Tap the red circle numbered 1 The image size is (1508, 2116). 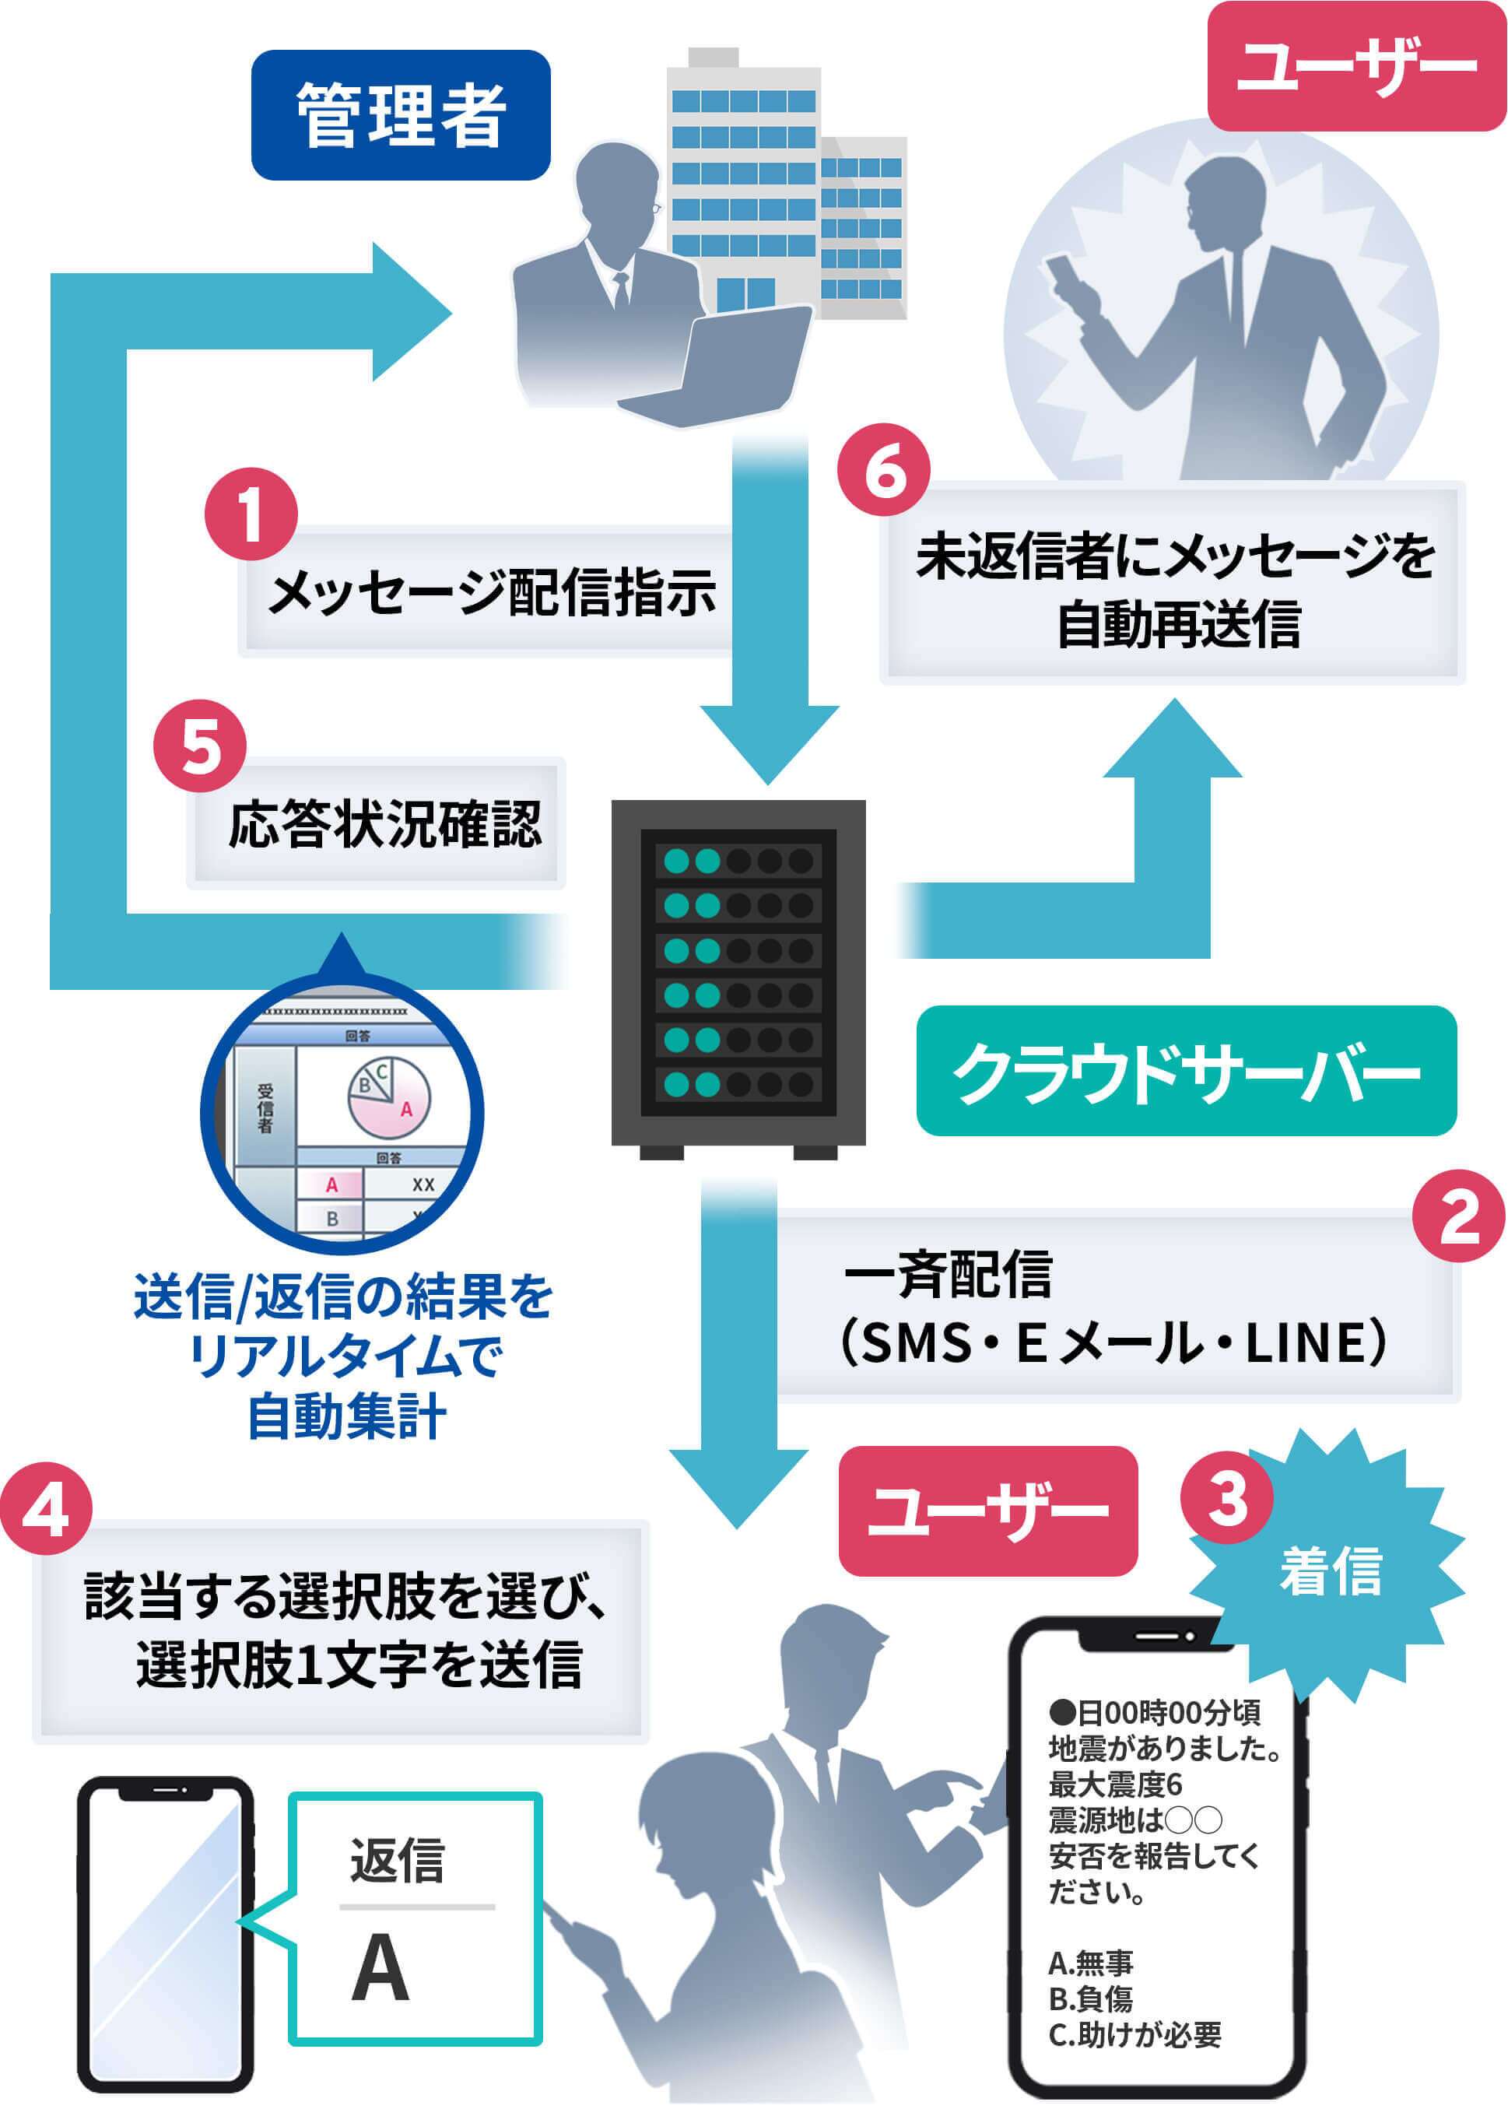[x=251, y=514]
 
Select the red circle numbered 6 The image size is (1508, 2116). [x=883, y=471]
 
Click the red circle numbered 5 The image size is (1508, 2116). [x=200, y=746]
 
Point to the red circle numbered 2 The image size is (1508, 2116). [x=1458, y=1216]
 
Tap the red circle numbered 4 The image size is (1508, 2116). [x=47, y=1509]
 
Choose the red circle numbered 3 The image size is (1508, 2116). [x=1226, y=1497]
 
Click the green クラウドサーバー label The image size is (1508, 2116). [x=1186, y=1071]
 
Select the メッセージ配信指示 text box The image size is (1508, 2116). [x=491, y=591]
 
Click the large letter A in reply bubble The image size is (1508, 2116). [x=380, y=1967]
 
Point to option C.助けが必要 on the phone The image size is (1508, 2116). [x=1134, y=2034]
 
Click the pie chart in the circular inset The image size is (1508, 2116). [x=388, y=1097]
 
